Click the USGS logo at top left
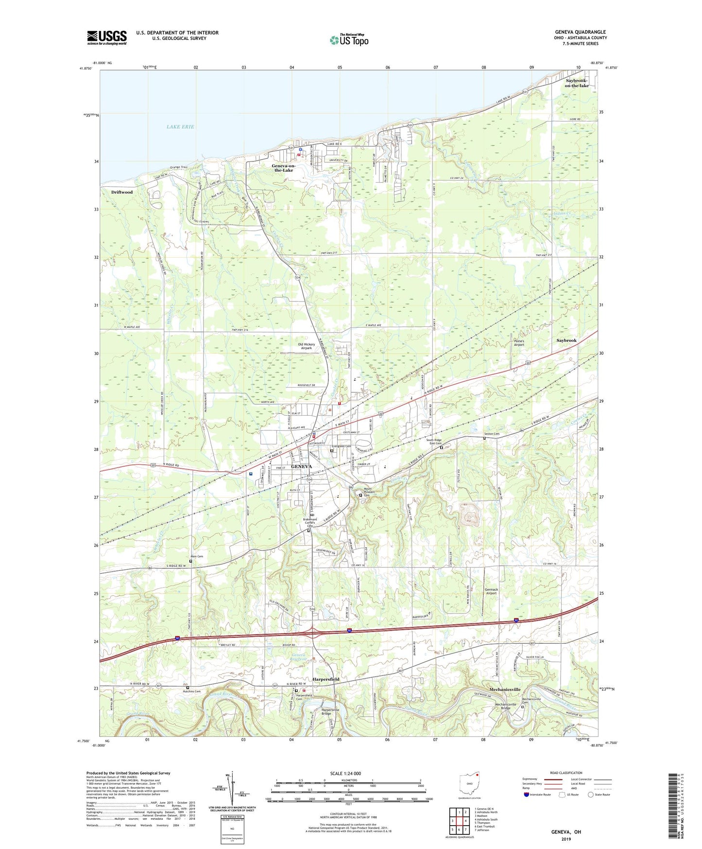coord(107,37)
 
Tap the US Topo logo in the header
coord(349,40)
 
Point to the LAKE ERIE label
coord(180,126)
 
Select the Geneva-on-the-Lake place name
coord(283,168)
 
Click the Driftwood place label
coord(121,192)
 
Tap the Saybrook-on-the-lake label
coord(577,83)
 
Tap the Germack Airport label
coord(491,591)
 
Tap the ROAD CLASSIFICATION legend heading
coord(565,773)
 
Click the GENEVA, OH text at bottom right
coord(565,832)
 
